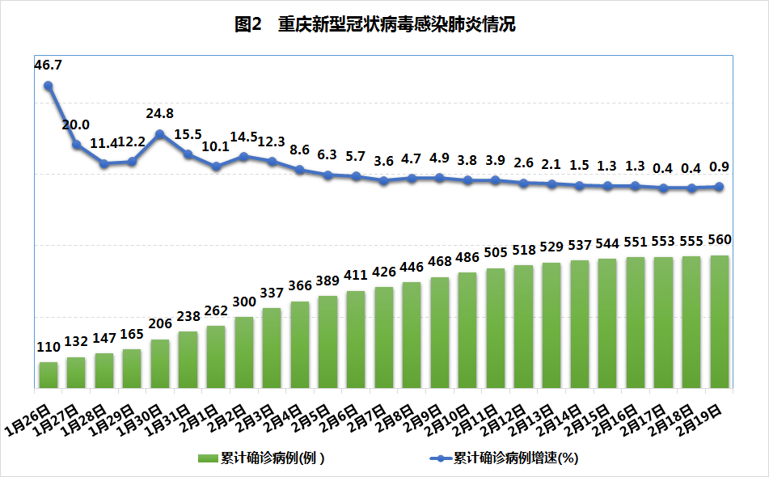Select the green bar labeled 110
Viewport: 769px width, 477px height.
click(x=49, y=374)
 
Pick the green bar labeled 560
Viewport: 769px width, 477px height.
click(x=720, y=320)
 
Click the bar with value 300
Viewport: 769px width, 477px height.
click(x=244, y=351)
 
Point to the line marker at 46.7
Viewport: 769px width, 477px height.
click(x=49, y=86)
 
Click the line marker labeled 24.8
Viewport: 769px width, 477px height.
click(x=160, y=134)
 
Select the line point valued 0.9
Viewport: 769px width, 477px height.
click(x=720, y=187)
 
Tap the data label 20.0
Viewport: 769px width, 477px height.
click(x=76, y=125)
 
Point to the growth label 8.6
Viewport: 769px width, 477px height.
click(x=299, y=150)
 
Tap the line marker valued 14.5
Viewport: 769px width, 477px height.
click(x=244, y=156)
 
